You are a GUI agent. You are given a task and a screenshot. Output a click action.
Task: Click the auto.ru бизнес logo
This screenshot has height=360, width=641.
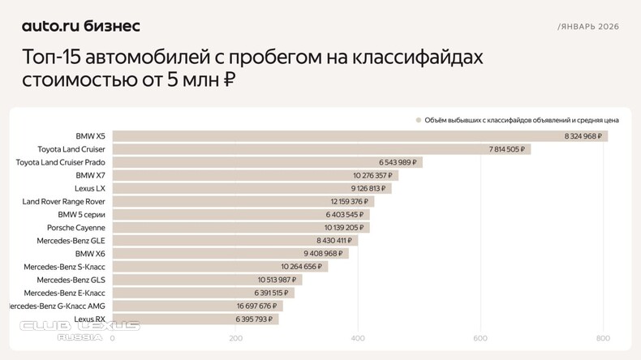(80, 26)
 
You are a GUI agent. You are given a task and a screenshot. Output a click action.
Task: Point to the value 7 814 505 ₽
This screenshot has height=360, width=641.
(507, 149)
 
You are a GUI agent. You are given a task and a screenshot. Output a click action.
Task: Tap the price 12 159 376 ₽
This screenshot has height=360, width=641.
(349, 201)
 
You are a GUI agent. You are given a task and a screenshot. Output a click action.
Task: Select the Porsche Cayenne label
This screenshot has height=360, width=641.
(76, 228)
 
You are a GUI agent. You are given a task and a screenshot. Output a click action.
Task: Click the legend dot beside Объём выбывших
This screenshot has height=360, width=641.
(419, 120)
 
